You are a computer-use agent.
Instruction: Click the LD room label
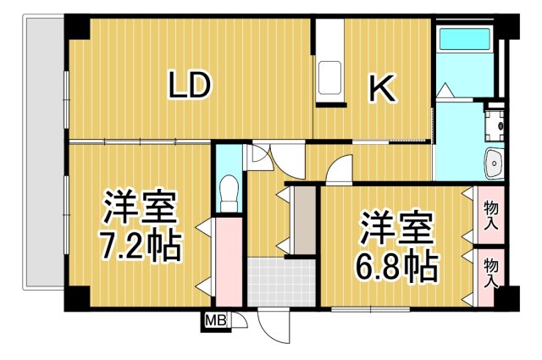tap(188, 86)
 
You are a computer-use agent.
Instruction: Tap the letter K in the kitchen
tap(382, 88)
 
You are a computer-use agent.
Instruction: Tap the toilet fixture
tap(227, 191)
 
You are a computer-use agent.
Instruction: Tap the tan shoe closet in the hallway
tap(303, 220)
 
